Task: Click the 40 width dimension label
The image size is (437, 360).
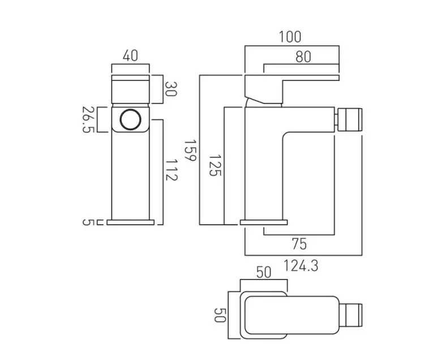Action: pos(130,55)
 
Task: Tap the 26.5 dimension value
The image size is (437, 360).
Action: pos(87,119)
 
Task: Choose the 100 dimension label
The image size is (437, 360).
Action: pos(290,37)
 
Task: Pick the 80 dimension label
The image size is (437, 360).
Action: pos(303,57)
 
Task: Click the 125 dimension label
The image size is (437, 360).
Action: pos(213,164)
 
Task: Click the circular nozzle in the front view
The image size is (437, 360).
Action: pos(130,119)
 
